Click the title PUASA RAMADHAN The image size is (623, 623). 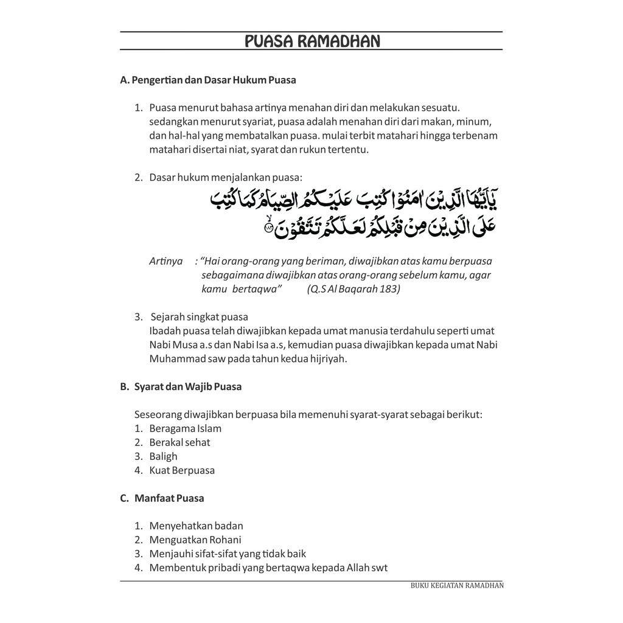pos(311,41)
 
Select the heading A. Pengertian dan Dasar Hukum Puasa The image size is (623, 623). pos(208,80)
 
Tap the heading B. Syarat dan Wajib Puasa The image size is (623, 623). pos(181,387)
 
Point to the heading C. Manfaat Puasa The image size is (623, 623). pos(162,498)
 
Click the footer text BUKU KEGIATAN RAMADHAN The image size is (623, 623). pos(457,586)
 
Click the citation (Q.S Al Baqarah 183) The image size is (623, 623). pos(353,289)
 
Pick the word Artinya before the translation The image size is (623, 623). pos(166,261)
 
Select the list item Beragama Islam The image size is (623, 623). pos(185,428)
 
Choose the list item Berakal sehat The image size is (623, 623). pos(179,442)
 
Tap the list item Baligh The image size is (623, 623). pos(163,456)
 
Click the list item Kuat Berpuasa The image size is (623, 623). pos(182,470)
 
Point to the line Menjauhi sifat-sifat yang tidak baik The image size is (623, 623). pos(228,554)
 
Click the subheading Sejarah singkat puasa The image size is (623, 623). pos(199,317)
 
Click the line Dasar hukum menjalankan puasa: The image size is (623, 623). pos(225,178)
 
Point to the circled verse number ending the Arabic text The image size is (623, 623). pos(269,228)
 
